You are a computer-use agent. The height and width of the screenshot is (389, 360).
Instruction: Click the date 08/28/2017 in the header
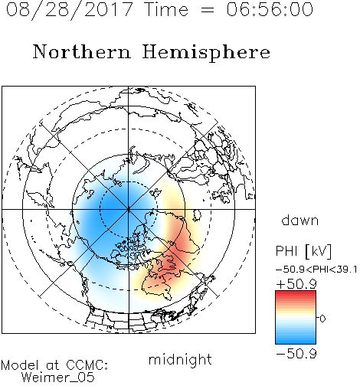tap(70, 10)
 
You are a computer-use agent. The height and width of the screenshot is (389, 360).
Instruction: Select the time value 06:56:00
tap(270, 10)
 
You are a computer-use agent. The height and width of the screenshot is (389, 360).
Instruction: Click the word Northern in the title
tap(82, 51)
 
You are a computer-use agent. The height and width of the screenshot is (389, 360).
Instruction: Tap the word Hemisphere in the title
tap(206, 52)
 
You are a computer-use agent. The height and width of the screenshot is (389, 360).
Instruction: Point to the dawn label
tap(300, 220)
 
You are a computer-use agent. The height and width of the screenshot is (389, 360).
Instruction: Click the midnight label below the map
tap(180, 359)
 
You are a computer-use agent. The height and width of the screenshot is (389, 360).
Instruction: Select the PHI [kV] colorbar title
tap(304, 251)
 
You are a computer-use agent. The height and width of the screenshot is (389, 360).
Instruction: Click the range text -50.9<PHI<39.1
tap(316, 270)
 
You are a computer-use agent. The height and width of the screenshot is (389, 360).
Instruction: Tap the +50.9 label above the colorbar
tap(296, 284)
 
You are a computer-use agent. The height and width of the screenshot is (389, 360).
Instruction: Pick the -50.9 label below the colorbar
tap(296, 354)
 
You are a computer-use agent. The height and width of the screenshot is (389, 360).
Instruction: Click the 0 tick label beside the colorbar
tap(322, 319)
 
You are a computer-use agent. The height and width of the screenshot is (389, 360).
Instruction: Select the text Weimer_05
tap(58, 378)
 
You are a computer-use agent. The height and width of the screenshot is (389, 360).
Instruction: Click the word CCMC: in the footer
tap(87, 365)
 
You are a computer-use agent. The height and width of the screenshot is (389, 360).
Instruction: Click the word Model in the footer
tap(20, 365)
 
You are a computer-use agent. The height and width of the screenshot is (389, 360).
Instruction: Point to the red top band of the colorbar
tap(296, 294)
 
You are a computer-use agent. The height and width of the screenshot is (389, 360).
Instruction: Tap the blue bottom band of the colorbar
tap(296, 341)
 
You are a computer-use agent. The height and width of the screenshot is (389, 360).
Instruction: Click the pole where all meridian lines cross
tap(129, 209)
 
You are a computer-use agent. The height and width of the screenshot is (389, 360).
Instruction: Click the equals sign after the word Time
tap(207, 10)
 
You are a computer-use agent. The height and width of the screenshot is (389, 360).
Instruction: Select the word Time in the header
tap(166, 10)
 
